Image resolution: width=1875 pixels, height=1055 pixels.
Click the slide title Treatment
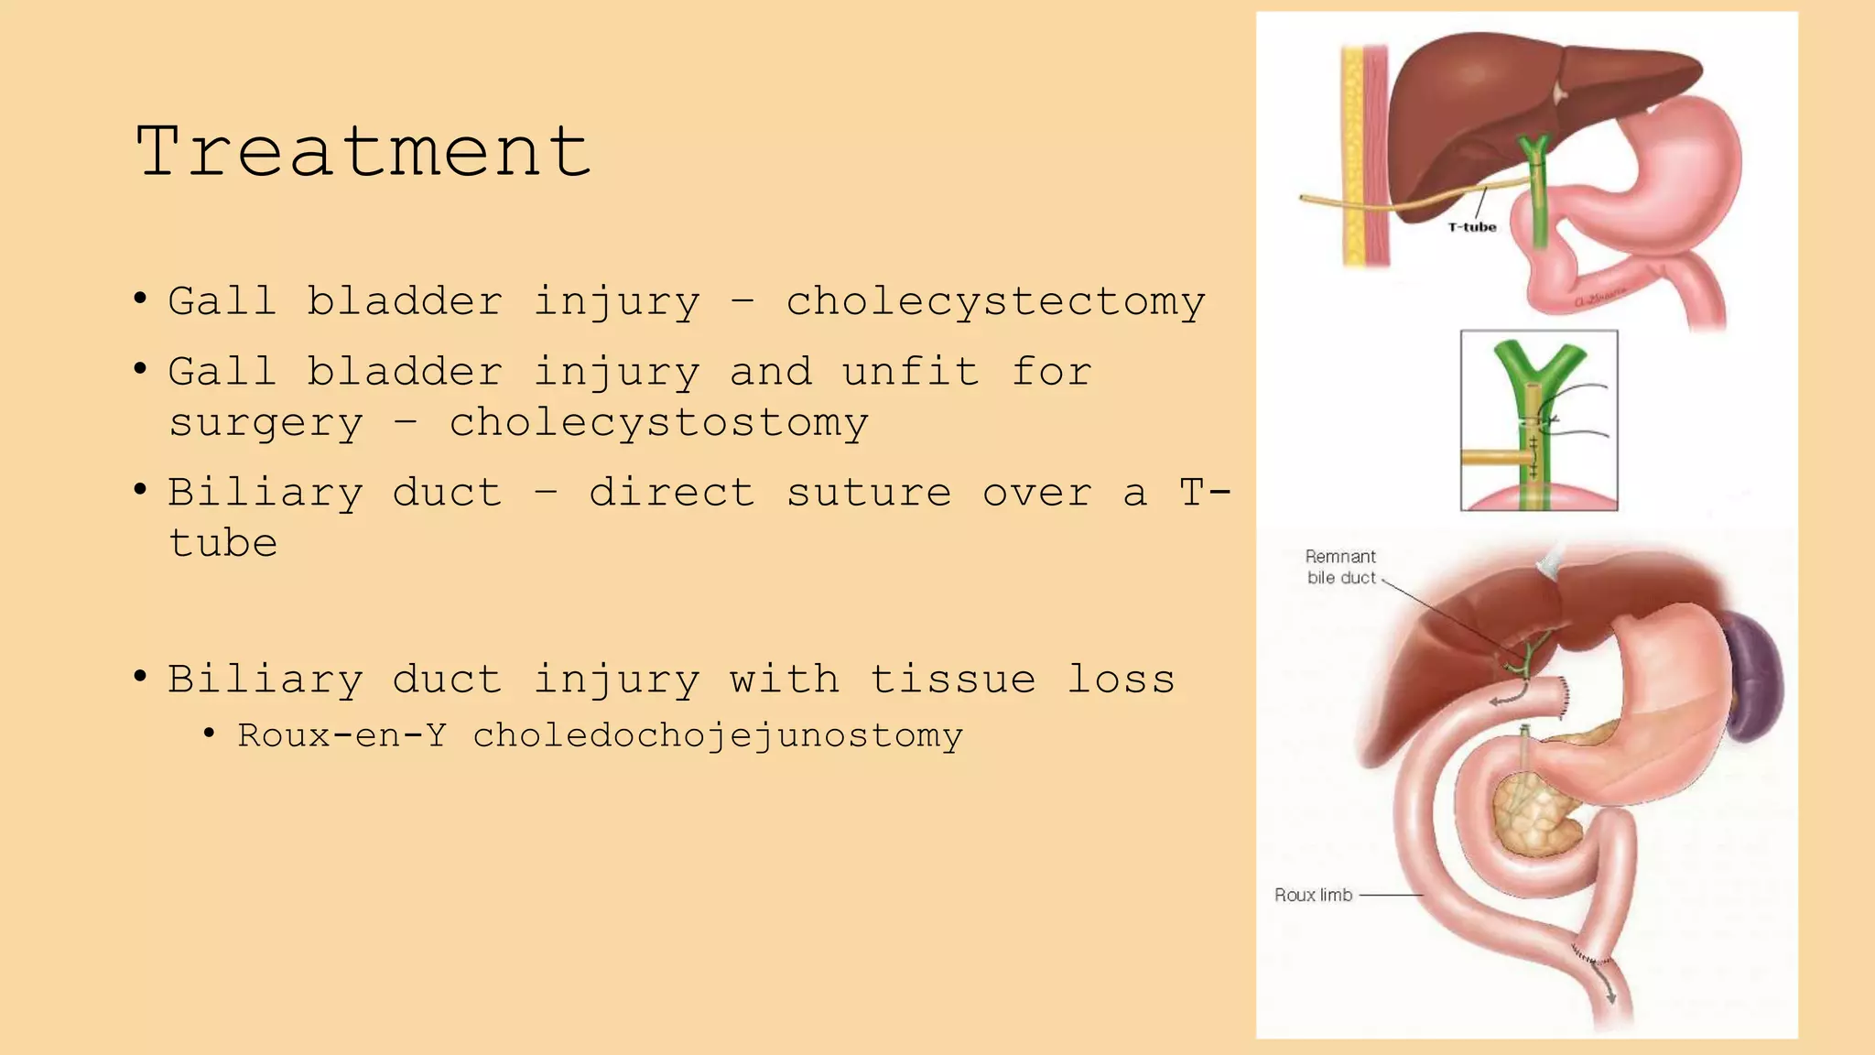[x=363, y=151]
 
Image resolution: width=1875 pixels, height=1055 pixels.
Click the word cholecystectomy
[x=995, y=302]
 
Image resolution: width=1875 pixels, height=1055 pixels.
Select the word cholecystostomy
[x=658, y=423]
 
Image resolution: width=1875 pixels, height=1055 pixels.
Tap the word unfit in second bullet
[x=911, y=372]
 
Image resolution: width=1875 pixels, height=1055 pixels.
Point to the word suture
[x=869, y=493]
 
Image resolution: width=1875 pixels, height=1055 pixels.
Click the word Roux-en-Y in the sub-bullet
[x=341, y=735]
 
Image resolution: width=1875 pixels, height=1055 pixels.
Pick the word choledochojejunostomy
[x=718, y=736]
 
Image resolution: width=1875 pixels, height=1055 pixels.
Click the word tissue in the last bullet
[x=952, y=680]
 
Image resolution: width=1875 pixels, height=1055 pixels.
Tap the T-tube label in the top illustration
[x=1472, y=227]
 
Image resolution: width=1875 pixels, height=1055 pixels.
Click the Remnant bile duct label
[x=1341, y=567]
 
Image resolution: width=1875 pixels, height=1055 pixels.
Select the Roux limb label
[x=1313, y=895]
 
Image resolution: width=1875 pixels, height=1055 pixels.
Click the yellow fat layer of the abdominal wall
[x=1352, y=156]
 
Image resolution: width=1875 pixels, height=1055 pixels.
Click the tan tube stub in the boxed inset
[x=1492, y=456]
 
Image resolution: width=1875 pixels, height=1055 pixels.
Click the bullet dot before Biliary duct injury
[x=140, y=678]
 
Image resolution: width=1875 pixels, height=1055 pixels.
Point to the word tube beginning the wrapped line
[x=223, y=543]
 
